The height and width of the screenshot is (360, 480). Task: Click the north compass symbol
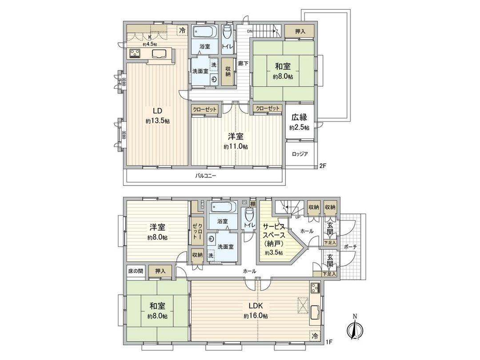click(x=354, y=330)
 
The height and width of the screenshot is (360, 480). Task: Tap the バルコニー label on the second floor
click(x=205, y=176)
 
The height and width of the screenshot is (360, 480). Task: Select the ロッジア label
click(x=300, y=154)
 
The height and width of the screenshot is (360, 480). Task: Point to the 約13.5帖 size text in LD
click(x=154, y=120)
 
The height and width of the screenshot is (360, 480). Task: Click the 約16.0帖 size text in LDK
click(x=256, y=316)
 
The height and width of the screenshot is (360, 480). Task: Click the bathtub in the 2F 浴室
click(x=204, y=32)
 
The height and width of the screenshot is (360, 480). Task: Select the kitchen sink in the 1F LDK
click(x=315, y=314)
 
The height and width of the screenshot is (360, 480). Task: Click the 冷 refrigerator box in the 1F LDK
click(x=315, y=336)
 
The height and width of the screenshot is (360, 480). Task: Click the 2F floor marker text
click(x=323, y=167)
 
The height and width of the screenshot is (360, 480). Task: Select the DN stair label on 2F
click(x=250, y=31)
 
